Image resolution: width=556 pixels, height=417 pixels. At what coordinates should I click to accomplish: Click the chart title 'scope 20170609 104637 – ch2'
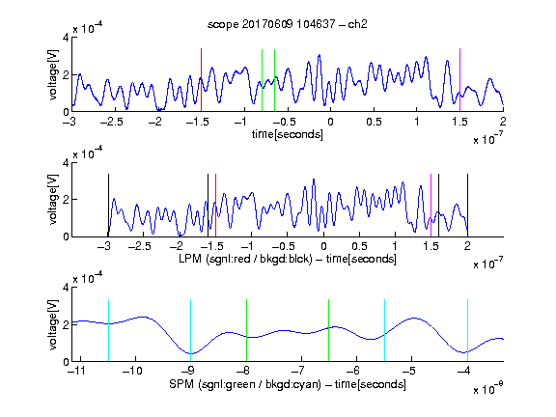tap(288, 24)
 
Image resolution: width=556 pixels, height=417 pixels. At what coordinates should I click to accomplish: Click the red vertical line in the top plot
tap(201, 80)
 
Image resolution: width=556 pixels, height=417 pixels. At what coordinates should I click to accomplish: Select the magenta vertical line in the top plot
tap(459, 80)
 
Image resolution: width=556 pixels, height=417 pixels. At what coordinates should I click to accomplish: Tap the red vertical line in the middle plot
tap(215, 206)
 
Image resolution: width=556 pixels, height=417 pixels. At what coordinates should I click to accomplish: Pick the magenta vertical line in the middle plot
tap(431, 206)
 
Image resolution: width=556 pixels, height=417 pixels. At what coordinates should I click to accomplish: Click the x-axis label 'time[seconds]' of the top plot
tap(288, 134)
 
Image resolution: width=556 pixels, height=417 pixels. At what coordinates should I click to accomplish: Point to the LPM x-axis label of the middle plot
tap(288, 259)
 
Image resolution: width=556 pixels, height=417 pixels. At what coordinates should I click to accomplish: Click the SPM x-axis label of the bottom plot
tap(288, 384)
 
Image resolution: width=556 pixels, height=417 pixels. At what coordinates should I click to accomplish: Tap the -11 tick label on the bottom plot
tap(76, 371)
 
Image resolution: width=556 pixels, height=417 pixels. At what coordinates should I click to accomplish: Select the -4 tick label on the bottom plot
tap(463, 371)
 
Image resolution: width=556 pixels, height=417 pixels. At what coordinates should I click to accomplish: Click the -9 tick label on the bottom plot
tap(187, 371)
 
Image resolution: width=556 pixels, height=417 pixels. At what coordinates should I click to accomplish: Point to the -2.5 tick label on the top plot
tap(111, 122)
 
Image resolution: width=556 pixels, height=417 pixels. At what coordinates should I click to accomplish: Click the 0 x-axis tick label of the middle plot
tap(323, 246)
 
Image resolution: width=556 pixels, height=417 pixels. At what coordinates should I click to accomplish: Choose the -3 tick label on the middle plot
tap(104, 246)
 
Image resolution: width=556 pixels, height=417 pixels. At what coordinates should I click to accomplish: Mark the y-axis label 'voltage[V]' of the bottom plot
tap(53, 324)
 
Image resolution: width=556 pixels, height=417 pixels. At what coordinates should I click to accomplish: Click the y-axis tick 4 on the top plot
tap(66, 38)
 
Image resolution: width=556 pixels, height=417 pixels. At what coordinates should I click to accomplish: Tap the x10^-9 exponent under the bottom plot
tap(488, 388)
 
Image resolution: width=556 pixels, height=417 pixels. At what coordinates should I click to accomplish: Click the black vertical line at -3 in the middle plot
tap(108, 206)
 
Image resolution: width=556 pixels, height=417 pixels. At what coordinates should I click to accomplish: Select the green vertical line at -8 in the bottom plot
tap(246, 330)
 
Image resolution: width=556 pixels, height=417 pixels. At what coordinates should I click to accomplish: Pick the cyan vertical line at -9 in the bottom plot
tap(190, 330)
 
